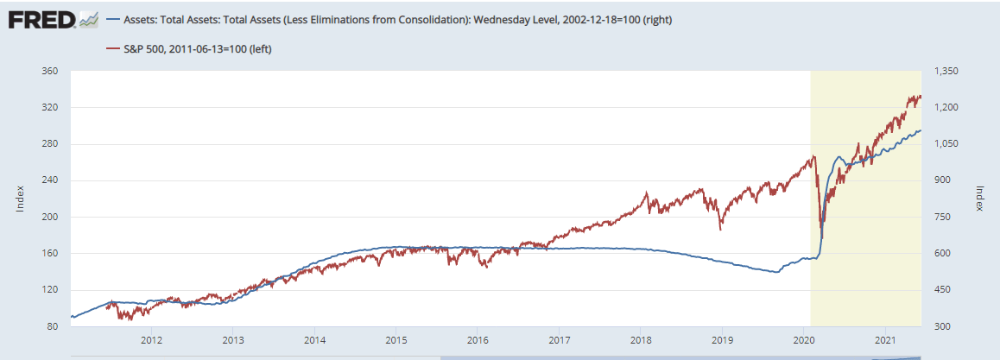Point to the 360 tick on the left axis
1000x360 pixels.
pyautogui.click(x=49, y=72)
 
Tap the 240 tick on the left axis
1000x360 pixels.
pyautogui.click(x=49, y=180)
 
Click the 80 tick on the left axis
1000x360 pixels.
pyautogui.click(x=52, y=325)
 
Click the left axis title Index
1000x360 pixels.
pyautogui.click(x=19, y=199)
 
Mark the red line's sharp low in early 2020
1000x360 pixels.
pyautogui.click(x=821, y=238)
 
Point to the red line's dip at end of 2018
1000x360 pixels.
pyautogui.click(x=721, y=230)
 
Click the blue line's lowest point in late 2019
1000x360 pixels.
pyautogui.click(x=777, y=272)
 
